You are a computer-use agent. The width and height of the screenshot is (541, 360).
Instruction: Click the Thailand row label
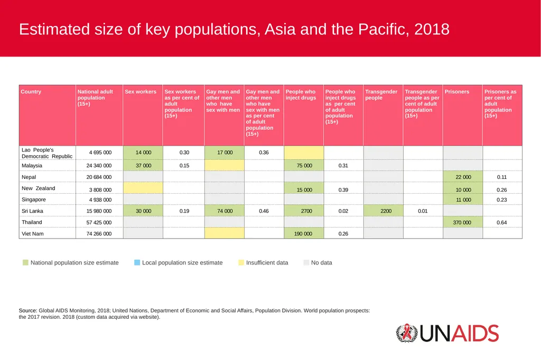click(x=32, y=222)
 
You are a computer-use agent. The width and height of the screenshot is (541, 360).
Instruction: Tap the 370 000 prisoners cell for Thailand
click(x=463, y=222)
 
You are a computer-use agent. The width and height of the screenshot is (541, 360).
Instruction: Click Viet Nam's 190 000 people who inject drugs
click(x=304, y=233)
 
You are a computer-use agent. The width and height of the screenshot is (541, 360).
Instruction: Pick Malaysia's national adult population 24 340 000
click(x=99, y=166)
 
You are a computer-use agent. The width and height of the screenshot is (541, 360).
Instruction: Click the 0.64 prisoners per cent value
click(x=502, y=222)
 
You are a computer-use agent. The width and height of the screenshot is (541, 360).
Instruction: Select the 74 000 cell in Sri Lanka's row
click(x=224, y=211)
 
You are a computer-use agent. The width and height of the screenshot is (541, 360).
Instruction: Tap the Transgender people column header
click(x=381, y=95)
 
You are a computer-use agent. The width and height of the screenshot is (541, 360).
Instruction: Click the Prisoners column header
click(x=457, y=92)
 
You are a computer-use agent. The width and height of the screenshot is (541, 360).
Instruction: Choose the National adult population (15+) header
click(x=95, y=98)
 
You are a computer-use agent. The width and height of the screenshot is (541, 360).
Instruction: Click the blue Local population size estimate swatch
click(x=137, y=262)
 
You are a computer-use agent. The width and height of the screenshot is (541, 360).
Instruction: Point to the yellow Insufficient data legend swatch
click(x=241, y=262)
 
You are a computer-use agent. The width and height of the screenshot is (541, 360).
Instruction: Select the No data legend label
click(x=322, y=263)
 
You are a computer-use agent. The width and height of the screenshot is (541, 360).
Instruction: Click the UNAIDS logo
click(x=447, y=333)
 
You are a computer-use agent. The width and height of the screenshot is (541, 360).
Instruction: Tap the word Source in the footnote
click(x=27, y=310)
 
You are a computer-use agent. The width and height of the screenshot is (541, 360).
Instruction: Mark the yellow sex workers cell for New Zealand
click(x=143, y=187)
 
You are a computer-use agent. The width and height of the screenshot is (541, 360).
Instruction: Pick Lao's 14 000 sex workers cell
click(x=143, y=153)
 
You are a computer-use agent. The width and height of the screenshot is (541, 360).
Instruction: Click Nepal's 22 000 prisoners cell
click(x=463, y=176)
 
